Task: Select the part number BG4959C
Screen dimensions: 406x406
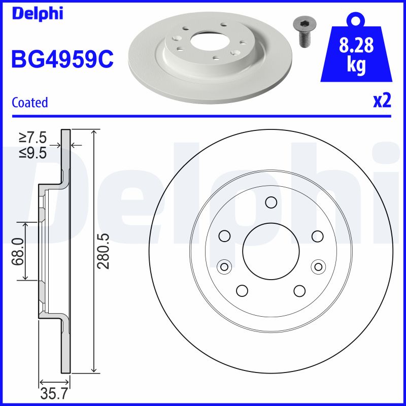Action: (62, 59)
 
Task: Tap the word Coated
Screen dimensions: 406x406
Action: (29, 103)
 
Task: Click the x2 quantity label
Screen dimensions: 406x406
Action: (382, 101)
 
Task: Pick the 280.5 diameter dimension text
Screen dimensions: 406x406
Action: (104, 251)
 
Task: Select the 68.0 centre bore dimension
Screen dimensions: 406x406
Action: (19, 251)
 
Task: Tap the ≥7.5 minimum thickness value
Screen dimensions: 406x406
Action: (33, 138)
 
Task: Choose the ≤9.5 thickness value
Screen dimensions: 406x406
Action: (33, 152)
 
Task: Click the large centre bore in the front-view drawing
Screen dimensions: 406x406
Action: (270, 251)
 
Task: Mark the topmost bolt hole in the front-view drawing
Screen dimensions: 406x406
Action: (270, 203)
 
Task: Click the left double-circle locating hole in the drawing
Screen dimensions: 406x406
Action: (223, 266)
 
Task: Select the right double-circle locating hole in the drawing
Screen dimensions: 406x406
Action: (318, 266)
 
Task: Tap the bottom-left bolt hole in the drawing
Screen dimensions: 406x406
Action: (242, 290)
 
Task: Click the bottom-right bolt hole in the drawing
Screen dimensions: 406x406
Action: (299, 290)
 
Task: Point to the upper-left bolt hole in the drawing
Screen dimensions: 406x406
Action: (224, 236)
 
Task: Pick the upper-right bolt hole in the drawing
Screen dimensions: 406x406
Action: (318, 236)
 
